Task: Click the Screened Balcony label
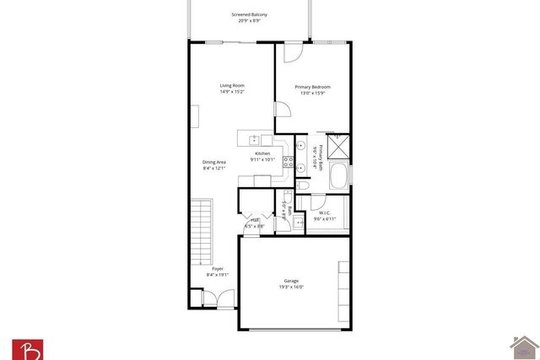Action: click(x=250, y=18)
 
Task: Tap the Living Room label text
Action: click(x=232, y=89)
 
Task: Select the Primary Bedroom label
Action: click(x=312, y=90)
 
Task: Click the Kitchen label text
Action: click(x=262, y=156)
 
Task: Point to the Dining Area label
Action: click(x=214, y=164)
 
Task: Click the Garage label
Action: click(x=290, y=284)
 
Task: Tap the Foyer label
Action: click(x=218, y=271)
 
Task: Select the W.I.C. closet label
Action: click(x=325, y=215)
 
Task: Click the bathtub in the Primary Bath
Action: click(x=338, y=177)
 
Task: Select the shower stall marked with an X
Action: click(x=337, y=146)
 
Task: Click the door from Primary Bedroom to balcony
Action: click(x=291, y=51)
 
